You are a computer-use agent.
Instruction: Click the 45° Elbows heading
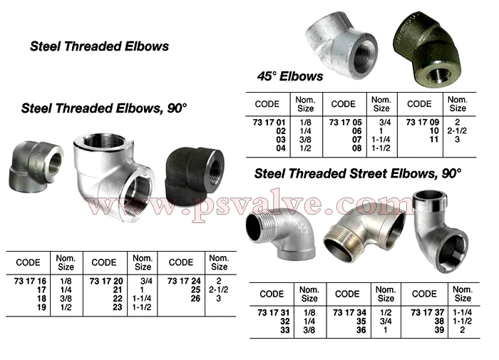pos(290,76)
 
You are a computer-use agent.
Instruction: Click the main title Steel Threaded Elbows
pos(99,46)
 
